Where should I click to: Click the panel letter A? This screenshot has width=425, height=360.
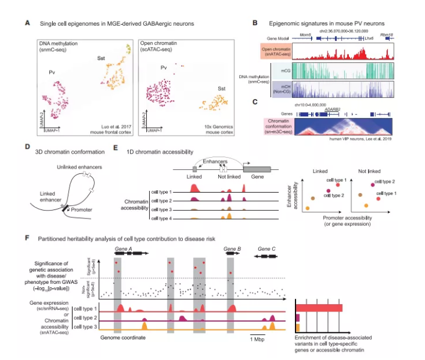point(26,23)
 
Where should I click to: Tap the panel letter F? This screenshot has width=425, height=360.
point(26,238)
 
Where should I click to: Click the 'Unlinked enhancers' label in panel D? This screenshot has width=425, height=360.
point(83,166)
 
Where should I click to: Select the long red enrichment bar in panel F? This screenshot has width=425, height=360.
point(321,308)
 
